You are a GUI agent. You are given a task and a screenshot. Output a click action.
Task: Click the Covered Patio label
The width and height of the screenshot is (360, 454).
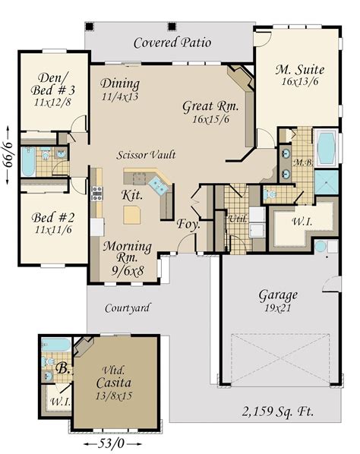point(172,43)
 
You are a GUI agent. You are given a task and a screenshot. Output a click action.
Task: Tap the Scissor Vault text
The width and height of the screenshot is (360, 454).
point(147,154)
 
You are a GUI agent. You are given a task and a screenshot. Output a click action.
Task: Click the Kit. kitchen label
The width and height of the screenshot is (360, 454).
point(132,195)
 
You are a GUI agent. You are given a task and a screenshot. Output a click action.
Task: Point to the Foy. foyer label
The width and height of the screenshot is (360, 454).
point(188,225)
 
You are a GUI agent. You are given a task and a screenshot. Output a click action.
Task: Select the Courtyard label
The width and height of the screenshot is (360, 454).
point(126,308)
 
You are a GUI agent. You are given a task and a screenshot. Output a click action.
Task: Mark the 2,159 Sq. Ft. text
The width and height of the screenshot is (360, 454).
point(279,412)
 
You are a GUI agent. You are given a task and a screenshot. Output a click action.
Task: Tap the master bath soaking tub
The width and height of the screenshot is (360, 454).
point(326,148)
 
